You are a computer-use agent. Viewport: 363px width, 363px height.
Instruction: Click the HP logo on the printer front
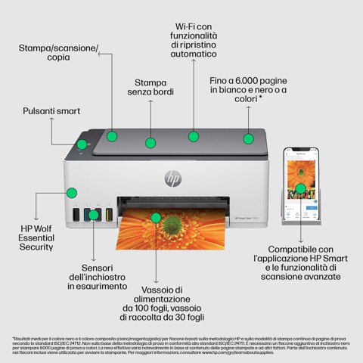tap(173, 178)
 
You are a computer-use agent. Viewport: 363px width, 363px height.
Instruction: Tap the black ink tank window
tap(76, 216)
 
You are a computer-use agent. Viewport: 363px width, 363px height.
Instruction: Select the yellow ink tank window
tap(109, 216)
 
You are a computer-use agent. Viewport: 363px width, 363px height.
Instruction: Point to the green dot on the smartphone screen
tap(300, 188)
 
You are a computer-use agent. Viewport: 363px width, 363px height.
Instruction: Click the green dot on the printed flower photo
tap(156, 218)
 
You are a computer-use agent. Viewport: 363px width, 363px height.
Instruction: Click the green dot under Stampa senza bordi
tap(151, 141)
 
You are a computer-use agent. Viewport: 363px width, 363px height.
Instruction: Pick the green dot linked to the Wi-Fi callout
tap(194, 137)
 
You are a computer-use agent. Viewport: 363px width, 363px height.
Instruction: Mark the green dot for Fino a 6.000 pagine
tap(247, 138)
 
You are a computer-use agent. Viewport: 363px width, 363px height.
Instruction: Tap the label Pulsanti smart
tap(51, 110)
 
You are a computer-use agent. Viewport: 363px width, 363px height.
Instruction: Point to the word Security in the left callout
tap(37, 247)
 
